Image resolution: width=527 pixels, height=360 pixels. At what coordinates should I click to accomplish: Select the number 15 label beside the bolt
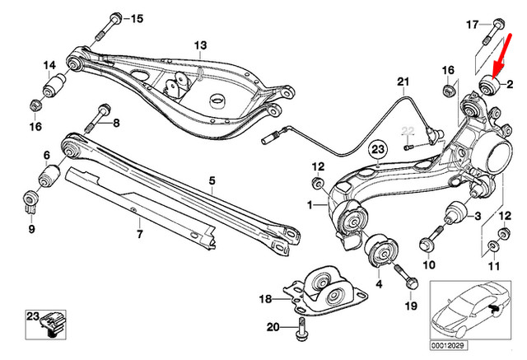pyautogui.click(x=136, y=18)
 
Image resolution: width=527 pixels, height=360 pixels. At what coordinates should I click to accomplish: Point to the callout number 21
pyautogui.click(x=402, y=82)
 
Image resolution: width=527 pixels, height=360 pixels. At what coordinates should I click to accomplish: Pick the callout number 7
pyautogui.click(x=138, y=235)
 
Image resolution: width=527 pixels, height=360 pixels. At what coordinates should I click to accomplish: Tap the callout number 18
pyautogui.click(x=265, y=298)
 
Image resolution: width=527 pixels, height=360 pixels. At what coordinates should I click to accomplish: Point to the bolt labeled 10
pyautogui.click(x=427, y=243)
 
